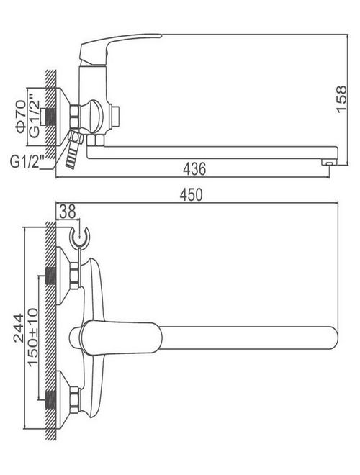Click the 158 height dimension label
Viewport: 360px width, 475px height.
[341, 99]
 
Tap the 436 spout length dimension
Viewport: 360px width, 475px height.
[194, 168]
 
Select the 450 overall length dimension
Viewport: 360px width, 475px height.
[191, 194]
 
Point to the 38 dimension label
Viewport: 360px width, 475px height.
[68, 212]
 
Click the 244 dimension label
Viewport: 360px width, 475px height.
[19, 328]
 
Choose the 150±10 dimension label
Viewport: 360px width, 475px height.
[33, 337]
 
